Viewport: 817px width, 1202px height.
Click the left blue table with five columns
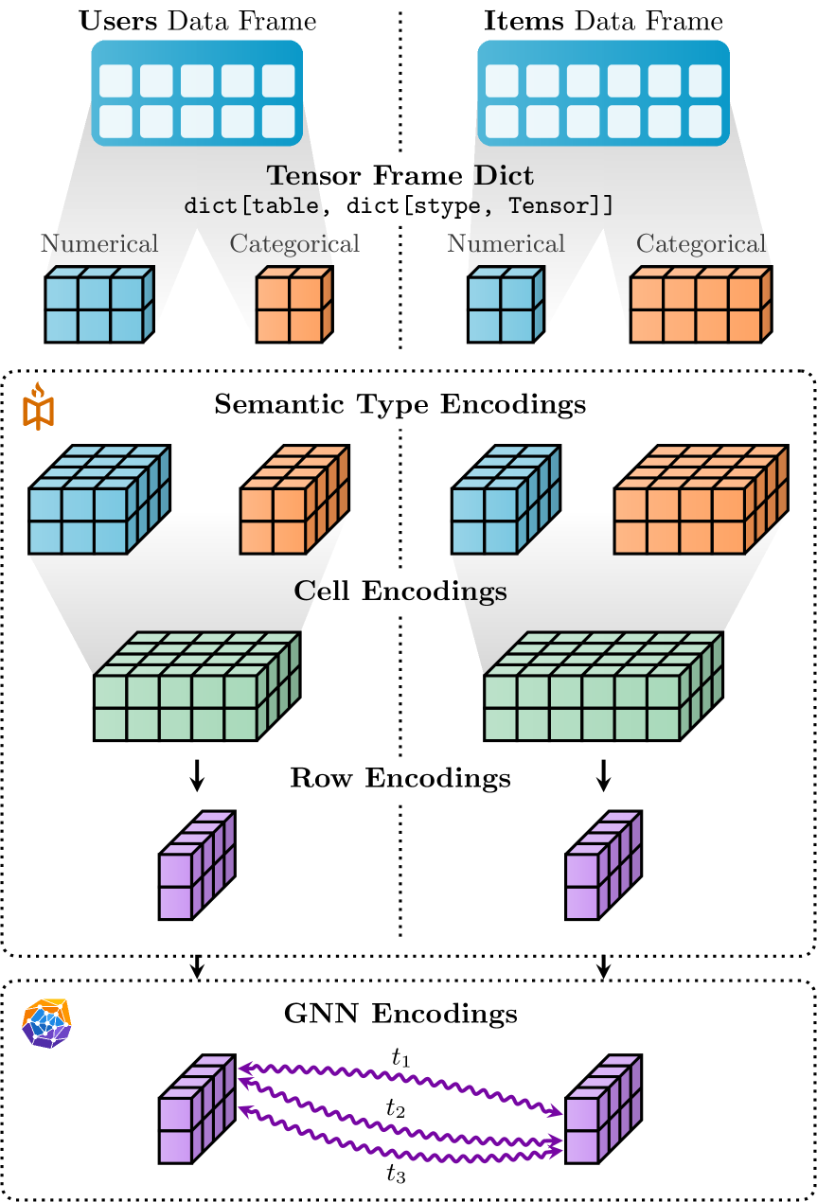click(x=197, y=93)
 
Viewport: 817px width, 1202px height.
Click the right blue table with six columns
click(x=603, y=93)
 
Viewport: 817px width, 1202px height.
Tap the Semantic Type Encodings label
click(x=400, y=405)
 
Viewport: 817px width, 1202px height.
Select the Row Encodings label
click(x=400, y=779)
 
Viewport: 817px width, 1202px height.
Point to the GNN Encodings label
click(x=400, y=1015)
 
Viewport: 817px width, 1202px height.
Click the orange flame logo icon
click(x=39, y=407)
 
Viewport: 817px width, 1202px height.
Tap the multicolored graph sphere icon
click(x=46, y=1023)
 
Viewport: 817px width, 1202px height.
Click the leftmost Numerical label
click(x=99, y=244)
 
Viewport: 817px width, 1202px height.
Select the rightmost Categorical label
click(x=700, y=244)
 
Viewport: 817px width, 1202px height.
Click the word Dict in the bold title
click(x=504, y=176)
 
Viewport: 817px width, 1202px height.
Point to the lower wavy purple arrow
click(x=400, y=1132)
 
